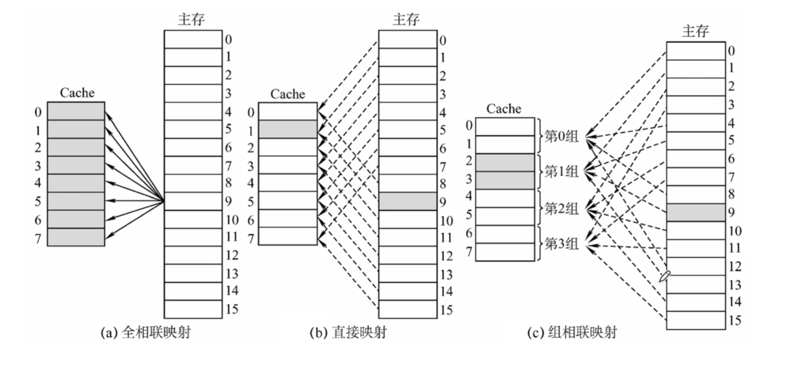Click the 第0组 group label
(561, 136)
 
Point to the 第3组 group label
(561, 244)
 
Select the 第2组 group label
(561, 209)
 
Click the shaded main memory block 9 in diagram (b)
(408, 201)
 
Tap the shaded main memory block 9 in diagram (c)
(695, 212)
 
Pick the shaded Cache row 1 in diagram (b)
(288, 129)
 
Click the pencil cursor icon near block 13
(664, 276)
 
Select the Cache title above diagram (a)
(77, 93)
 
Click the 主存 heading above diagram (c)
(695, 31)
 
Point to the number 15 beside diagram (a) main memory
(232, 309)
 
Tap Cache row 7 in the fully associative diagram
(76, 237)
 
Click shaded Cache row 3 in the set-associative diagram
(505, 180)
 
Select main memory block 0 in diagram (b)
(408, 39)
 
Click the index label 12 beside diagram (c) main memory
(735, 267)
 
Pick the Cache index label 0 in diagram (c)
(469, 125)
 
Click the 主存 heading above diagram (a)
(191, 19)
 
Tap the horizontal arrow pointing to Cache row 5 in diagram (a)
(134, 201)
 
